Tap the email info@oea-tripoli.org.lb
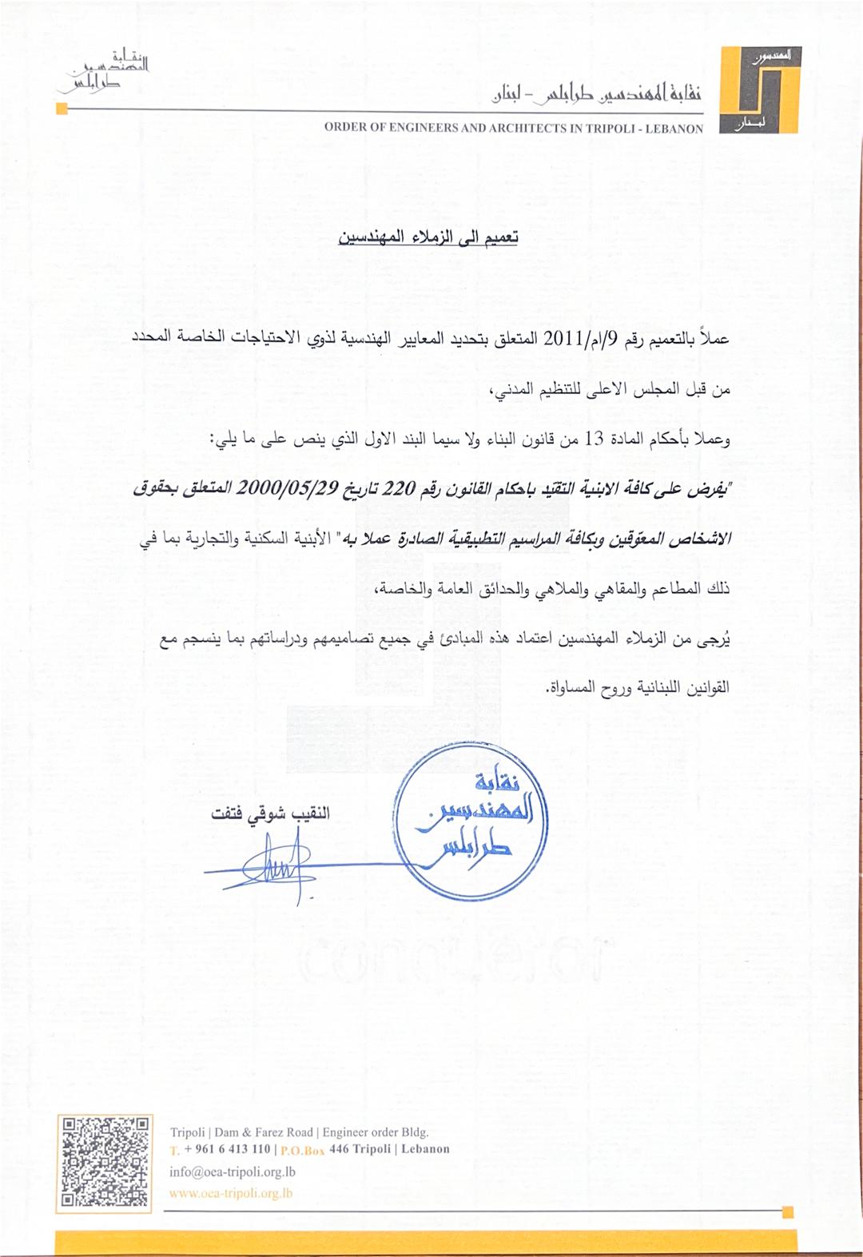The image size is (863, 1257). pos(233,1172)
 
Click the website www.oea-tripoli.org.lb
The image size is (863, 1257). pos(231,1194)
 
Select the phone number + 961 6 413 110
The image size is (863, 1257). pos(227,1149)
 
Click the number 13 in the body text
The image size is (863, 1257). pos(595,439)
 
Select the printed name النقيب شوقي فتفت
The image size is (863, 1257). pos(270,814)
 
